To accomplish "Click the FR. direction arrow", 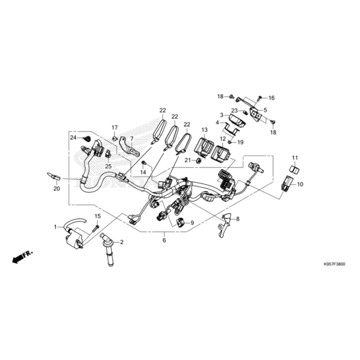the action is pos(23,257).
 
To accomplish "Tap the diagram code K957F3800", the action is pos(334,264).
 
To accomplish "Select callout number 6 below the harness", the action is pos(164,240).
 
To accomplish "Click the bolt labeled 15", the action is pos(96,229).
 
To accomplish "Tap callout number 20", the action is pos(56,189).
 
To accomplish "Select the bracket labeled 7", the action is pos(130,147).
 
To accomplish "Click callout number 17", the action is pos(115,128).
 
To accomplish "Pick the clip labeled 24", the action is pos(87,139).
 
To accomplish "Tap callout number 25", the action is pos(109,166).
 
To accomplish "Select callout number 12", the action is pos(223,139).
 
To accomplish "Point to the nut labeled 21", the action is pos(199,160).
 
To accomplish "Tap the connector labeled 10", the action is pos(286,184).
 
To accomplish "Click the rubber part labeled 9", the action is pos(181,222).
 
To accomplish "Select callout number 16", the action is pos(271,98).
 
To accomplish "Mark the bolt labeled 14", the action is pos(145,163).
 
